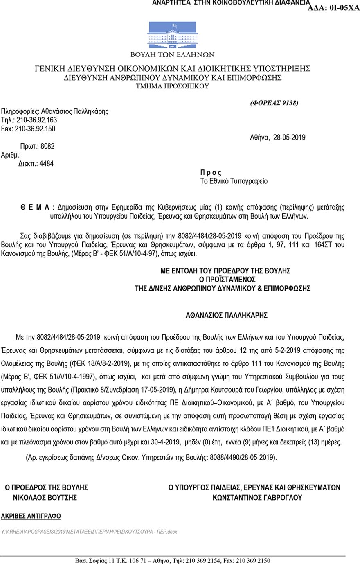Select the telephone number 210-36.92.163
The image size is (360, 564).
37,120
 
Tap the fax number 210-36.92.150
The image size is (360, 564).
35,129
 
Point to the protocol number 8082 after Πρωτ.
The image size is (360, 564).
47,146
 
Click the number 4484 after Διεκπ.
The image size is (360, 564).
46,164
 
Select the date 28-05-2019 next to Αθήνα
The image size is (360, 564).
289,138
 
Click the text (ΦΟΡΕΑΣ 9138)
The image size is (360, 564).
274,103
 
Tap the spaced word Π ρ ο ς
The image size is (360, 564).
211,173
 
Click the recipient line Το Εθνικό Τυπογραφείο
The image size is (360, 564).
234,181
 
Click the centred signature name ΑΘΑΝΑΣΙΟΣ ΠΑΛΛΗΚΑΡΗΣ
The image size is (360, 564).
227,315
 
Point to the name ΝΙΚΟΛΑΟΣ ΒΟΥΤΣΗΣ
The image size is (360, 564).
45,498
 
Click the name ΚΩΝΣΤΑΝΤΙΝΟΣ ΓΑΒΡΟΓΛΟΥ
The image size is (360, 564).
257,498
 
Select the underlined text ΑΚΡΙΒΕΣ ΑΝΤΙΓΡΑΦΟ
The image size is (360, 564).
31,516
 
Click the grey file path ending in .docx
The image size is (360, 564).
89,532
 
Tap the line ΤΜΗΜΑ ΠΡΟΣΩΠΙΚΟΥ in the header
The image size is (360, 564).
172,86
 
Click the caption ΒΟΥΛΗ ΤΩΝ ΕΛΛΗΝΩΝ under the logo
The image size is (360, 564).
172,54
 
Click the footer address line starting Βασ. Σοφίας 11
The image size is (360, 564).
173,560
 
